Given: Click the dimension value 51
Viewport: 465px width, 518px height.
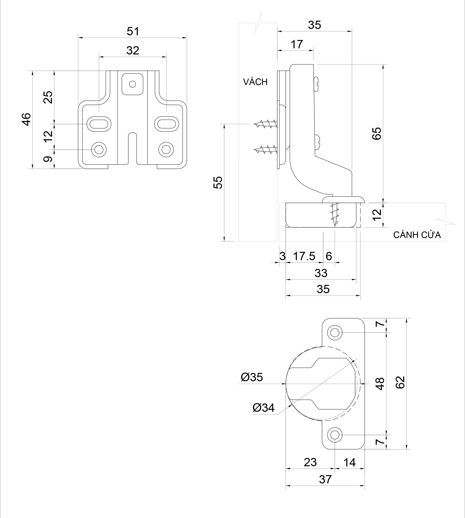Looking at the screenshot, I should (x=133, y=31).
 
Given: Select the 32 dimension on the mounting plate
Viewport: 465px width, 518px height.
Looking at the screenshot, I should (x=133, y=51).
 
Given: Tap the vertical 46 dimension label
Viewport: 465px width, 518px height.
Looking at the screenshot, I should (x=26, y=119).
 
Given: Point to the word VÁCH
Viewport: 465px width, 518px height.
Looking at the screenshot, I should (x=255, y=82).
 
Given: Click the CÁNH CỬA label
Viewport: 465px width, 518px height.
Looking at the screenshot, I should (x=417, y=235).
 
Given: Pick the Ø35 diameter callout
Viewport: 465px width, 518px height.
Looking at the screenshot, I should (x=252, y=377).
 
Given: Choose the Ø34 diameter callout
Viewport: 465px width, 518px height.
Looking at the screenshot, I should (x=263, y=408).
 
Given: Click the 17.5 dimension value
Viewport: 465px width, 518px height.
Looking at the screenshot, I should (x=304, y=256).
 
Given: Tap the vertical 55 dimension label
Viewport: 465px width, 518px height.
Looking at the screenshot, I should (x=218, y=182).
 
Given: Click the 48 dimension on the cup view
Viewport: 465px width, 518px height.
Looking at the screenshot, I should (x=380, y=384).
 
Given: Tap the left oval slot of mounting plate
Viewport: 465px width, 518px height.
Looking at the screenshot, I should (x=99, y=124).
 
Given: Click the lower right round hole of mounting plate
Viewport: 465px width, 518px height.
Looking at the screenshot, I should (x=166, y=149).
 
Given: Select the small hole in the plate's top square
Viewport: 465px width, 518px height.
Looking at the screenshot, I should (x=132, y=84).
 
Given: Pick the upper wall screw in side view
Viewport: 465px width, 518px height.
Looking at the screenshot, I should (x=266, y=124).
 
